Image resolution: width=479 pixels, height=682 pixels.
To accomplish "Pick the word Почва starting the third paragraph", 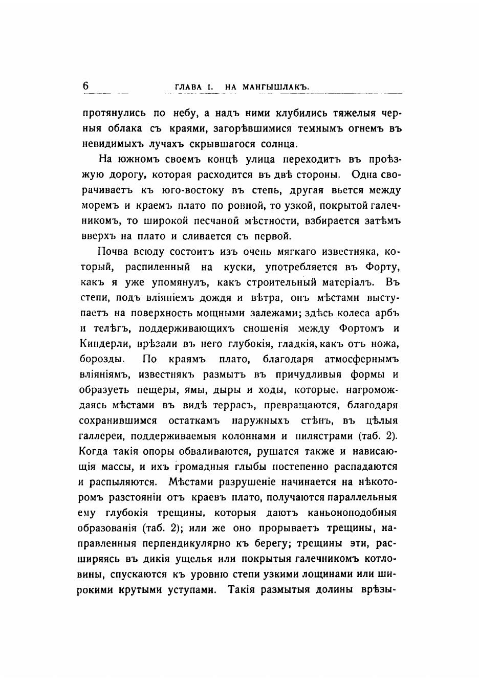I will pyautogui.click(x=110, y=252).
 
